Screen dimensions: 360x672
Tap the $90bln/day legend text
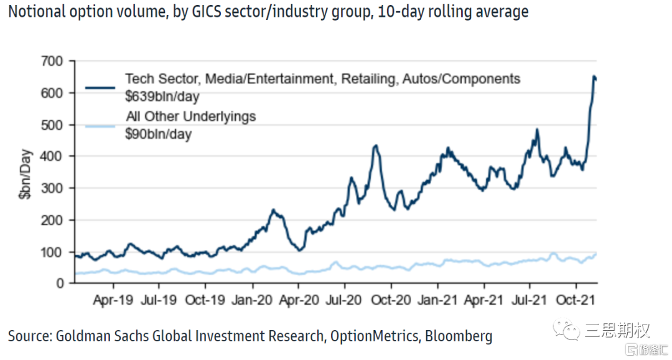[x=158, y=134]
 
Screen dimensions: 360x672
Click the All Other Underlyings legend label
[x=190, y=117]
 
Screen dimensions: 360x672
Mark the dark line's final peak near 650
[x=594, y=76]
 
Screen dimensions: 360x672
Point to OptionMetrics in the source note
[x=373, y=336]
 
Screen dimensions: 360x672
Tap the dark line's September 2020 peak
[x=376, y=146]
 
